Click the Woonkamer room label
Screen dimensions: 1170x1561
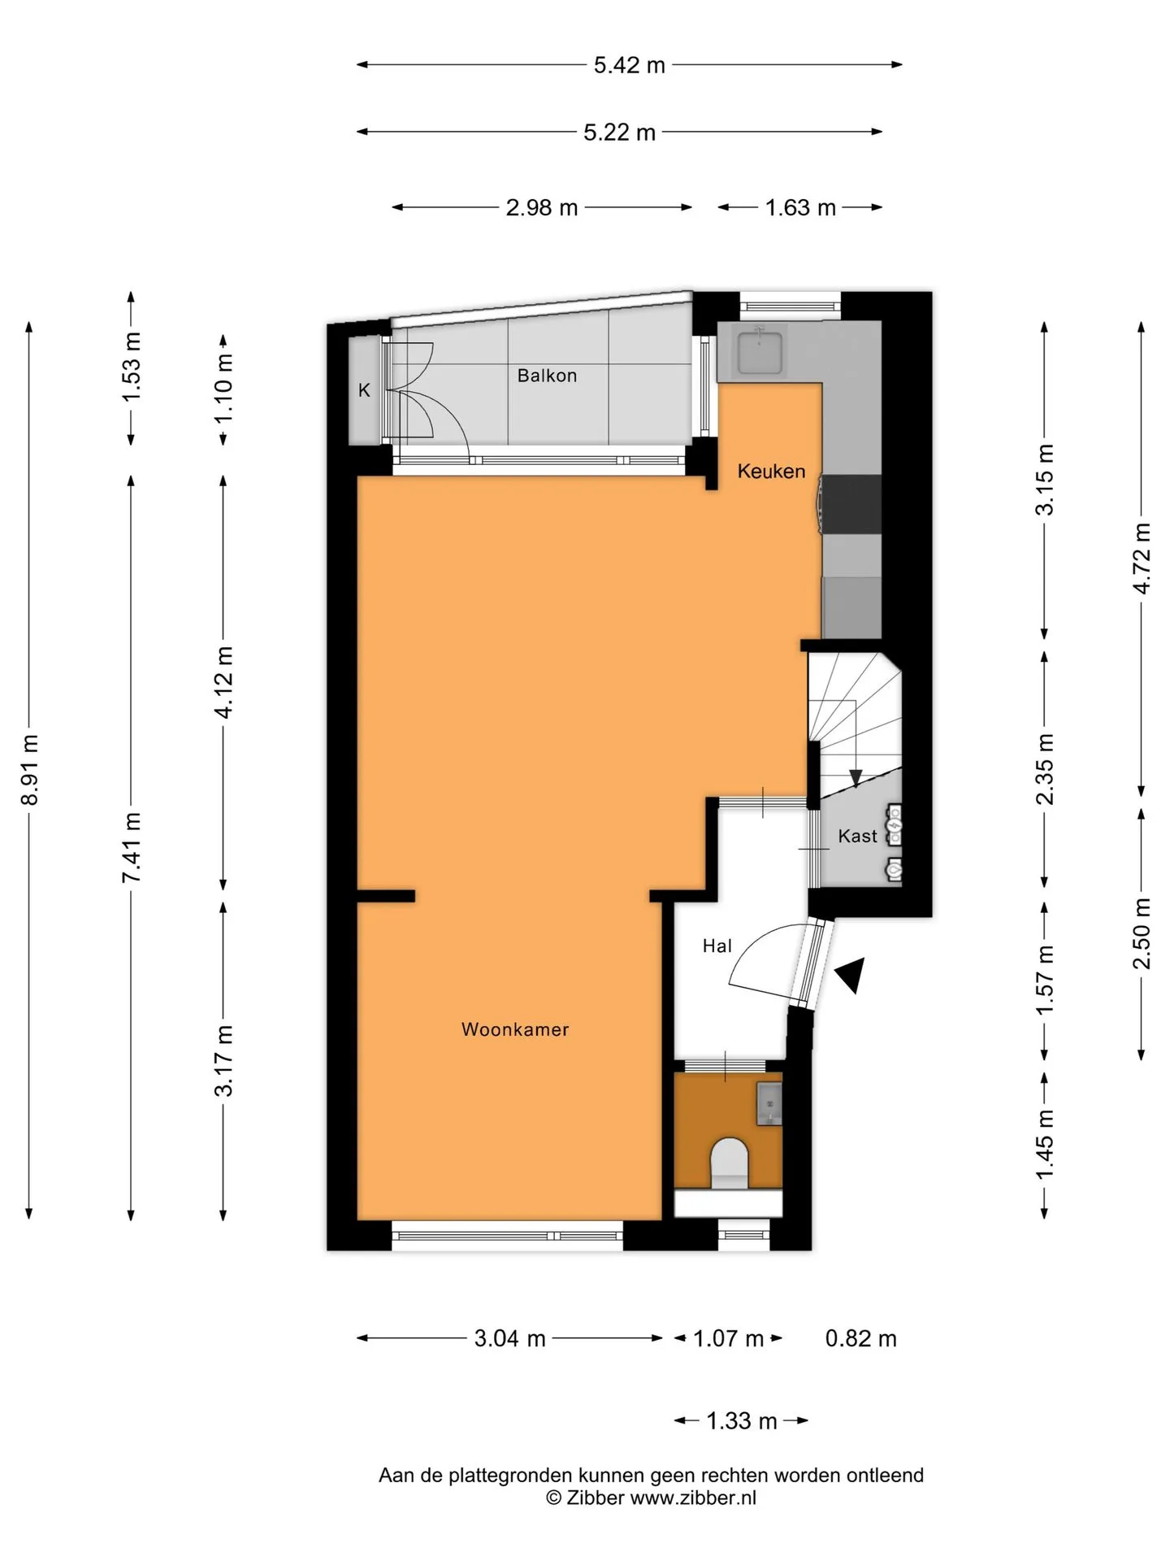click(515, 1029)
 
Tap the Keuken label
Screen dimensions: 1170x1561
click(771, 471)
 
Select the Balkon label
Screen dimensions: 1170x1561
click(547, 376)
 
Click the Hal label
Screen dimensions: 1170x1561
click(717, 946)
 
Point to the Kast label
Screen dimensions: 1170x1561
click(857, 836)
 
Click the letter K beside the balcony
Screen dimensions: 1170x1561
click(364, 390)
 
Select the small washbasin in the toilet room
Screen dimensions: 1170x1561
click(769, 1103)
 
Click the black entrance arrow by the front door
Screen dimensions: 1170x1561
click(851, 974)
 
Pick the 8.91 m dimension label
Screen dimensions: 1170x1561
click(30, 769)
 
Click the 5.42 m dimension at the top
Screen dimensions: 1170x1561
click(629, 65)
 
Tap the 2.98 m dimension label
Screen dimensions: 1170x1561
click(542, 208)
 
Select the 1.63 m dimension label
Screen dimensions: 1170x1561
click(800, 208)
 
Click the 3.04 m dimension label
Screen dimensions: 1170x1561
click(509, 1338)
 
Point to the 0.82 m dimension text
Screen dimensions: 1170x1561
click(860, 1338)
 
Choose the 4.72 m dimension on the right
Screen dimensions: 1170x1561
click(1142, 559)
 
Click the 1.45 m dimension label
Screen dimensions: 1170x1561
click(1045, 1144)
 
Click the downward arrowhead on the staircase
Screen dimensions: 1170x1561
click(856, 779)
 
